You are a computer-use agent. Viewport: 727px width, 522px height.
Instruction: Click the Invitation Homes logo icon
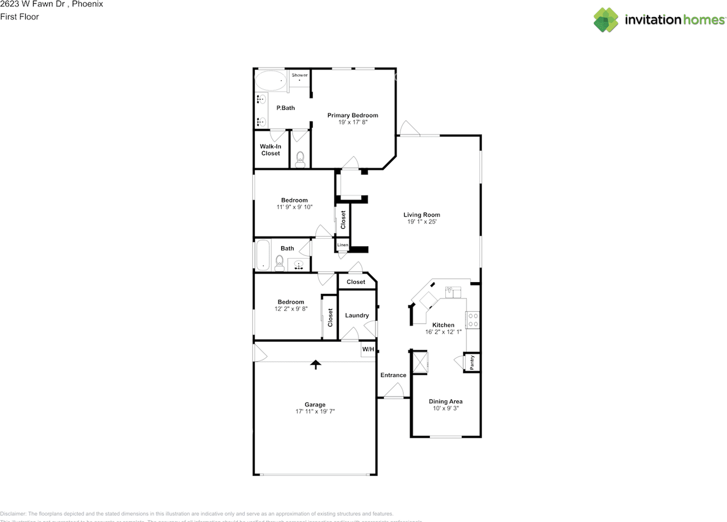[x=606, y=20]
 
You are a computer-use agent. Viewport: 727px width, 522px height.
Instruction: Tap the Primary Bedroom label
[x=352, y=115]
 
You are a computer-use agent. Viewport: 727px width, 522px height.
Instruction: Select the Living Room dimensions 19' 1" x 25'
[x=421, y=222]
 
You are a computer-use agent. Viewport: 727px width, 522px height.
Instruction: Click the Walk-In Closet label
[x=270, y=150]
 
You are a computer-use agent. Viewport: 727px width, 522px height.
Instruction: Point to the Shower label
[x=299, y=75]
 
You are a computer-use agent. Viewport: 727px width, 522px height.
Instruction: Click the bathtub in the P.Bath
[x=270, y=81]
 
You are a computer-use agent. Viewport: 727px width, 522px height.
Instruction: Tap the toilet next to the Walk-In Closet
[x=300, y=158]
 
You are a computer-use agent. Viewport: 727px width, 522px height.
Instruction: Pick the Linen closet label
[x=342, y=245]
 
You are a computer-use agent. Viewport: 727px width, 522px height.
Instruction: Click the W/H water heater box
[x=368, y=349]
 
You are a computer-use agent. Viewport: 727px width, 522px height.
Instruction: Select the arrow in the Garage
[x=315, y=364]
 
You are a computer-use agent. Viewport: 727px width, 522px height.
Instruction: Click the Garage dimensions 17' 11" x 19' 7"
[x=315, y=412]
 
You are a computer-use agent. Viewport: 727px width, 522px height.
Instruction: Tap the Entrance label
[x=393, y=375]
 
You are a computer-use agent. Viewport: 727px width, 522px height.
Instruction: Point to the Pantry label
[x=472, y=362]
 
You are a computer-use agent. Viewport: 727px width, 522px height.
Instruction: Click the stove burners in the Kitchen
[x=473, y=321]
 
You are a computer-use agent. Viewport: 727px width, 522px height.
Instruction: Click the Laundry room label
[x=357, y=315]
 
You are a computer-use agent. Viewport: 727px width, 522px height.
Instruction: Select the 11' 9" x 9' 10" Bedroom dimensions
[x=294, y=207]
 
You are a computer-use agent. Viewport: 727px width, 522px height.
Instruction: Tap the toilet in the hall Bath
[x=279, y=262]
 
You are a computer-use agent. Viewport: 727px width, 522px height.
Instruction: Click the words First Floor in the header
[x=19, y=16]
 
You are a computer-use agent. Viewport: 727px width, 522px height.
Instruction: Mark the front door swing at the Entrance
[x=393, y=391]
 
